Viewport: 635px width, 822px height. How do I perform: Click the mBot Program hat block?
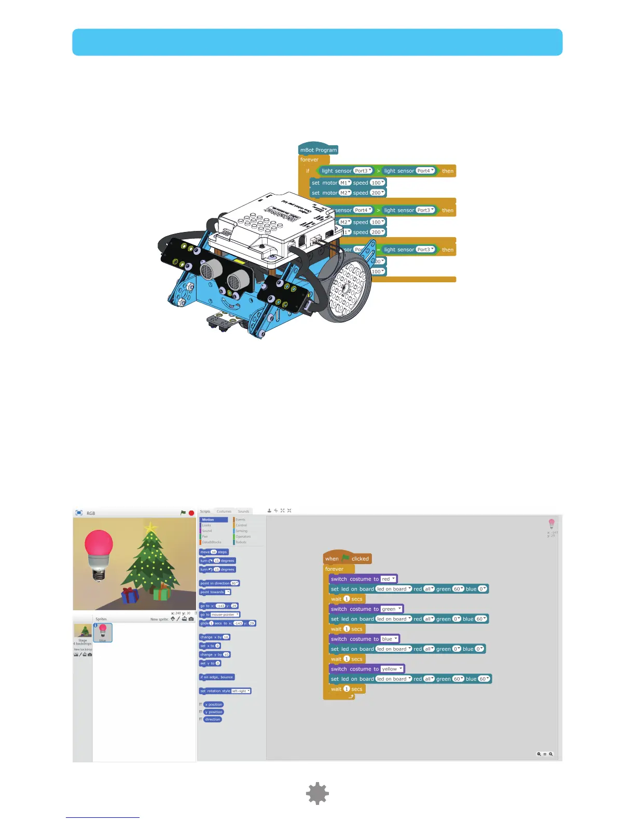[x=318, y=150]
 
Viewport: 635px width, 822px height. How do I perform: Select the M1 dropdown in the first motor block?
[x=345, y=183]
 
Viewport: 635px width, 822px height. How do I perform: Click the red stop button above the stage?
[x=191, y=513]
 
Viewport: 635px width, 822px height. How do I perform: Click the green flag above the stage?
[x=183, y=513]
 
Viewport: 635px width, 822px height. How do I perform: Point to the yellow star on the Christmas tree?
[x=150, y=528]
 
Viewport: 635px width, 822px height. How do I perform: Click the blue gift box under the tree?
[x=130, y=596]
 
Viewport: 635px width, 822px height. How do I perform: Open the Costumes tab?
[x=224, y=511]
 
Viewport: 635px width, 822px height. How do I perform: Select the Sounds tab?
[x=243, y=511]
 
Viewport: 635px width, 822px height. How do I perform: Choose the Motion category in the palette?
[x=213, y=519]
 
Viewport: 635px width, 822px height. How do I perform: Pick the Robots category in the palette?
[x=241, y=542]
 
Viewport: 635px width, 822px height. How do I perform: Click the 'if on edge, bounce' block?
[x=217, y=677]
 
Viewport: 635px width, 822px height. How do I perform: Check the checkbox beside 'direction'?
[x=201, y=719]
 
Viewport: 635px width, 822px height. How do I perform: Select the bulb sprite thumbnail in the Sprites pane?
[x=103, y=633]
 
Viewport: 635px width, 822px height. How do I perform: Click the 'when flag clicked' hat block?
[x=347, y=559]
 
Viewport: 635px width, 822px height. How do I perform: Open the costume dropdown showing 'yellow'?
[x=392, y=669]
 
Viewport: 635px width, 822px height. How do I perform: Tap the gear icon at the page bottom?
[x=317, y=793]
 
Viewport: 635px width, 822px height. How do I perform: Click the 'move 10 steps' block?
[x=213, y=552]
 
